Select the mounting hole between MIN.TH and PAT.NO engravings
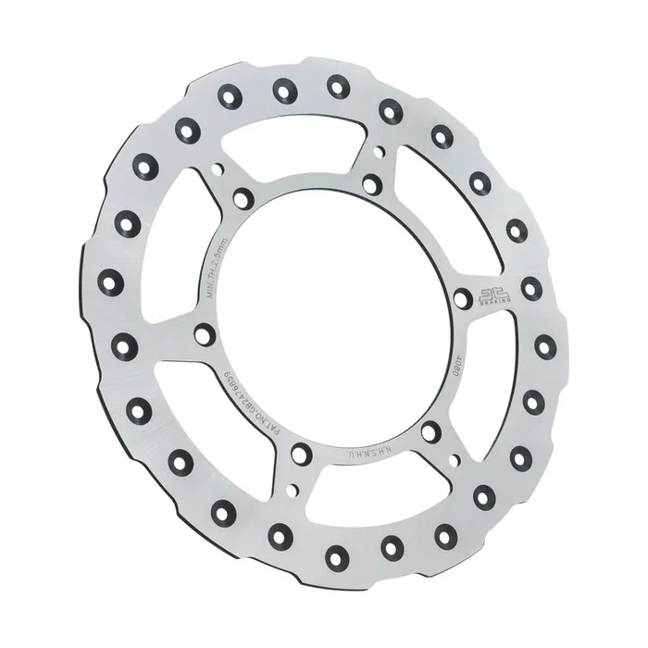coord(204,334)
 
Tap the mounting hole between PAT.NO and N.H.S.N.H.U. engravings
coord(302,453)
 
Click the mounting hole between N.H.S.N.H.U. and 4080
coord(431,431)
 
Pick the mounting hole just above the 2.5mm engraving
coord(243,198)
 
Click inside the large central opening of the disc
coord(333,315)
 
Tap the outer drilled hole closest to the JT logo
coord(530,288)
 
